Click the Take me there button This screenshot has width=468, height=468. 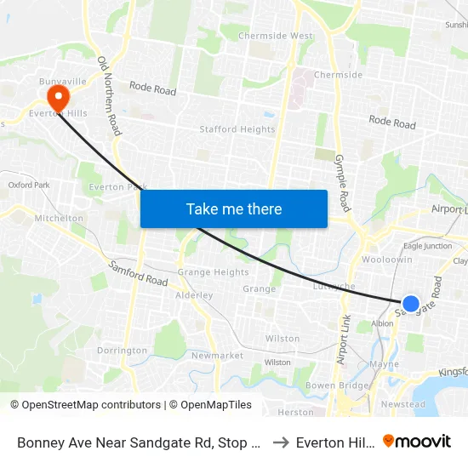coord(234,208)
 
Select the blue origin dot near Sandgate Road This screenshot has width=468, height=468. coord(410,304)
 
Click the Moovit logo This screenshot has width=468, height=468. coord(417,441)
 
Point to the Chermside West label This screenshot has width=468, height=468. coord(275,36)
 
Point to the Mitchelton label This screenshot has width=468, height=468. coord(59,219)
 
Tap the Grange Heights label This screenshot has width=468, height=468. coord(213,272)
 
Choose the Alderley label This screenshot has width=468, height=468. coord(193,295)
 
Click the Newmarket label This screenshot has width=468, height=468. coord(218,355)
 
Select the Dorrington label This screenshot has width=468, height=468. coord(122,351)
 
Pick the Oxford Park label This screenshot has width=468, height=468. coord(29,185)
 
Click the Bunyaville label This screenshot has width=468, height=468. coord(64,80)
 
